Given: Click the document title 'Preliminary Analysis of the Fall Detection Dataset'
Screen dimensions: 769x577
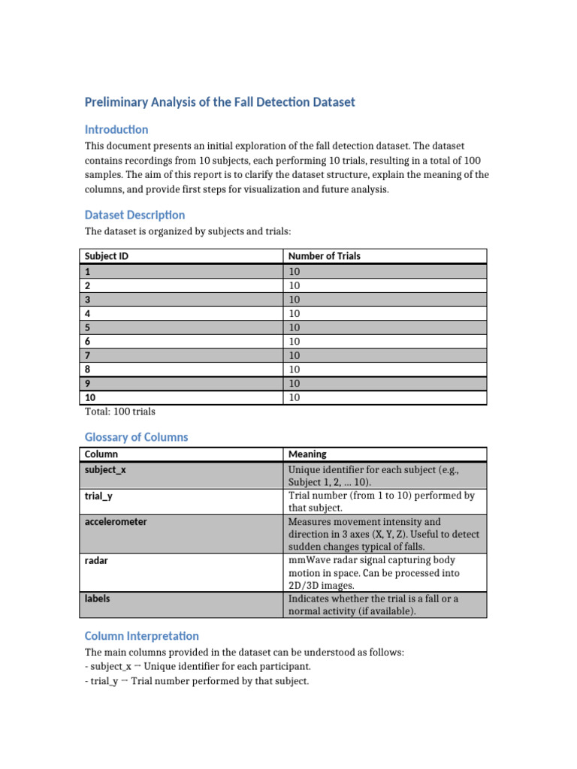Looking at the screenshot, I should (x=219, y=102).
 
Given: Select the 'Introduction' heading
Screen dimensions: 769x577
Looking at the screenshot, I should (x=116, y=129).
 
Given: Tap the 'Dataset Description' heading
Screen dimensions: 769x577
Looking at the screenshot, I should (x=134, y=215).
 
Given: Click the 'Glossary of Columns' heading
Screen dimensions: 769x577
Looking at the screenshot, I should (x=136, y=437).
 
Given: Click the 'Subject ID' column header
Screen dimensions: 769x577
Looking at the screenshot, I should (x=107, y=256).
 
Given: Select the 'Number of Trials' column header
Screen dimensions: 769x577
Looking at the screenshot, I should (x=324, y=256).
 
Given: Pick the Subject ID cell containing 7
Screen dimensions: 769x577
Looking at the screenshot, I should (x=88, y=355).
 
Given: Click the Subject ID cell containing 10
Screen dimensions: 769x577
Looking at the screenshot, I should (x=90, y=397).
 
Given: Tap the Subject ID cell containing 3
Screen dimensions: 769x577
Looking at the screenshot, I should (x=88, y=299).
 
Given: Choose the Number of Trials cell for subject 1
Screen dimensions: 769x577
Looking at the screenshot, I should (x=294, y=271).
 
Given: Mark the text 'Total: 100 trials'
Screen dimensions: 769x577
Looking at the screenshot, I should (x=120, y=412).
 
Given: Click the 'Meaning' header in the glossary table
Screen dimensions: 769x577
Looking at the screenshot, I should (x=307, y=454).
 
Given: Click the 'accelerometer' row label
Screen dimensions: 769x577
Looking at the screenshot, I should (x=116, y=521).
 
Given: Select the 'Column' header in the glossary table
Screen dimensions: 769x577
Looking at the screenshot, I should (x=101, y=454).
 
